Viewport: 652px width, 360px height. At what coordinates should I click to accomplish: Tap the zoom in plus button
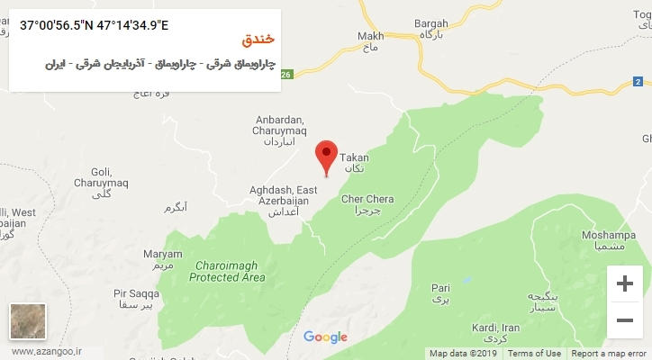coord(624,284)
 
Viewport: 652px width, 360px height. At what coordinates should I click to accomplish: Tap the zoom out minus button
coord(624,319)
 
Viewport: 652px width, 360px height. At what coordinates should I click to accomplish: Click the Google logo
coord(325,337)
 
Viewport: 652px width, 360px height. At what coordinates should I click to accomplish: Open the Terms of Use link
coord(533,354)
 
